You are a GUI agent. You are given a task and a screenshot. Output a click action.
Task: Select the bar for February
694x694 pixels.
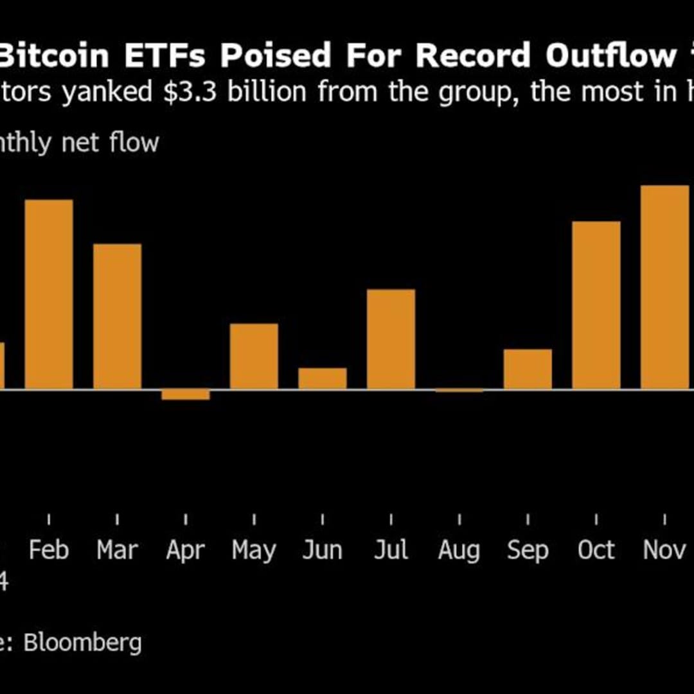pos(49,294)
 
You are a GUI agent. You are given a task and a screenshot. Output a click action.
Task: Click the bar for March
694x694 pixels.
pos(117,316)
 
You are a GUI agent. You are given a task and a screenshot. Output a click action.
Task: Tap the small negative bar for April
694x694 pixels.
pos(185,395)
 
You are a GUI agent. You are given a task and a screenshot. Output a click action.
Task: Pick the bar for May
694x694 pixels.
pos(254,356)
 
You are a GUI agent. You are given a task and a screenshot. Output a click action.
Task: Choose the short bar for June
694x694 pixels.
pos(322,378)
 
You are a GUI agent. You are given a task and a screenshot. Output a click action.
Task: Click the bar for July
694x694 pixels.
pos(391,339)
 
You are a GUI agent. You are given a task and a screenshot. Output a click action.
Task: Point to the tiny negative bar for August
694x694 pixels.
pos(459,390)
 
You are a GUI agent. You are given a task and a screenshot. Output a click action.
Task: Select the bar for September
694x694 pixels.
pos(528,369)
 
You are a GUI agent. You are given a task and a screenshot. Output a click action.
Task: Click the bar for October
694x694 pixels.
pos(596,305)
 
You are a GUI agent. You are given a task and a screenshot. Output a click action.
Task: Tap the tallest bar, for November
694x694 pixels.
pos(664,287)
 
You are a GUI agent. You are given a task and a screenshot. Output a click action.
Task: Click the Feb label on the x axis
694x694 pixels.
pos(49,550)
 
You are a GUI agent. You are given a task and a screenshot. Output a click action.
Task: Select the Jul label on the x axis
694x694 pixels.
pos(391,550)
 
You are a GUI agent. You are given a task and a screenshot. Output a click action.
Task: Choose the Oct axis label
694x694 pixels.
pos(596,550)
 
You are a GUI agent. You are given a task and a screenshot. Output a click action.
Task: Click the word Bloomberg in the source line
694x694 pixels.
pos(83,643)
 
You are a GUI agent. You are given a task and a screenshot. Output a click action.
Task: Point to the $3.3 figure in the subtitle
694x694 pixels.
pos(191,93)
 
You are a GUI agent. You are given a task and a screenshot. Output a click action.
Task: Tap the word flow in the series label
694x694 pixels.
pos(134,142)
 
